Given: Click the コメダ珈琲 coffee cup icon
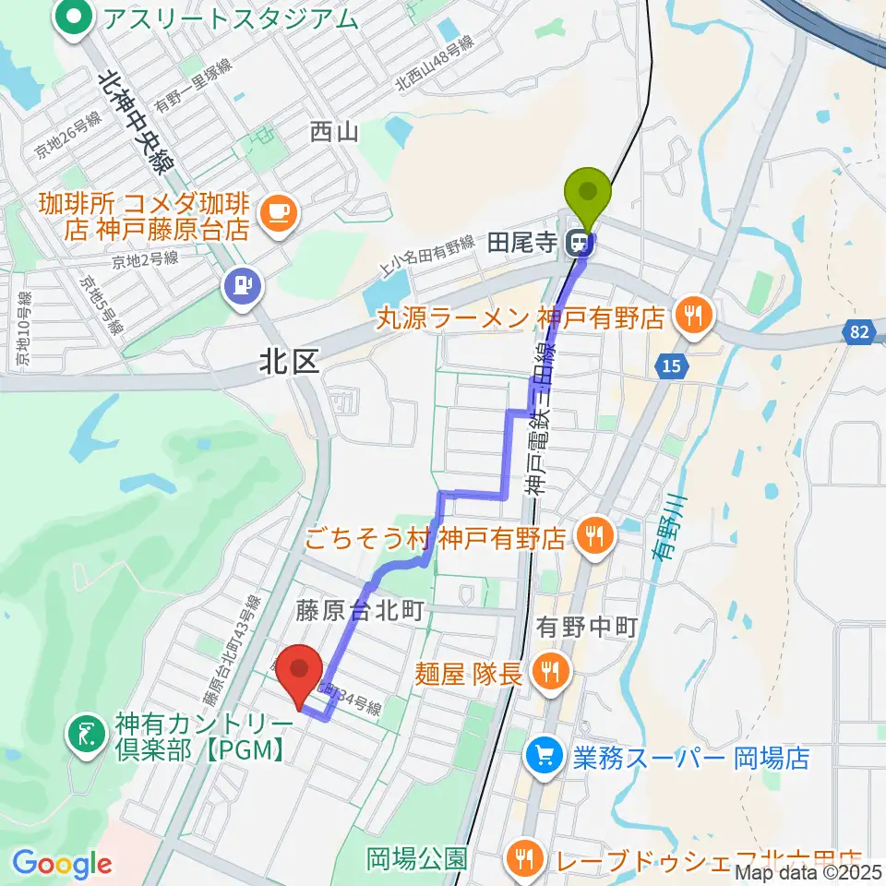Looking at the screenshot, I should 278,214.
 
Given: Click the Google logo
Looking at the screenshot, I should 63,864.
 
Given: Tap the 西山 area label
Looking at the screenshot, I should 333,133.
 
